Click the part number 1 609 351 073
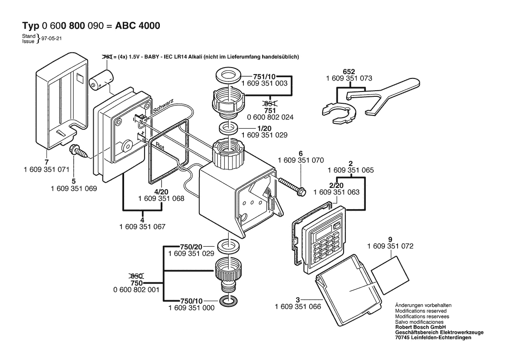(349, 78)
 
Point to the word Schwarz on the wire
(163, 105)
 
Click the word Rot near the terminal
(155, 145)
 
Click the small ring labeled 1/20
(228, 129)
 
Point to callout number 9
(390, 239)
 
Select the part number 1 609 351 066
(298, 307)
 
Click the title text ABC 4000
(138, 26)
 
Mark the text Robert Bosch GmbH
(420, 326)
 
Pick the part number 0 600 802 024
(270, 118)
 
